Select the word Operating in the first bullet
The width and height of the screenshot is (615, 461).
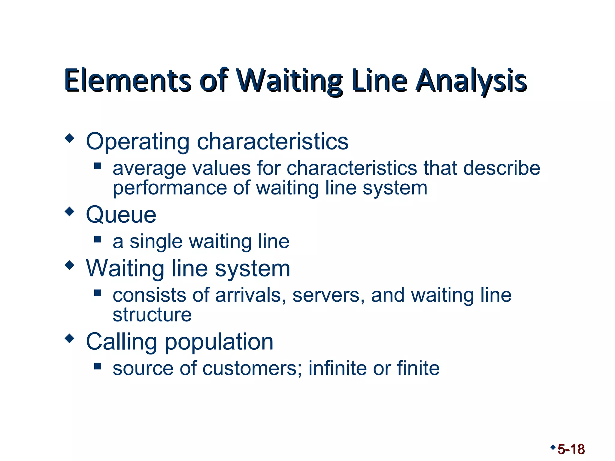point(138,142)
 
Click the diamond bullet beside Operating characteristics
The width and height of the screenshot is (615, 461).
point(69,139)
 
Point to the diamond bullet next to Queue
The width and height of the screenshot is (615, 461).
point(69,212)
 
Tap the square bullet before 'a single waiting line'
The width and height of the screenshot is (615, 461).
point(97,239)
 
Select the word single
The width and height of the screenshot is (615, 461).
point(156,242)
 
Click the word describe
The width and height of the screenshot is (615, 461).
point(501,168)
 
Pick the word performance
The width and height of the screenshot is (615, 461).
point(170,188)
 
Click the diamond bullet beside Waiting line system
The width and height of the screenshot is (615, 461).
point(69,265)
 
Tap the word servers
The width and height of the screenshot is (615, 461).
point(329,295)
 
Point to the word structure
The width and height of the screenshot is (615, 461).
point(152,315)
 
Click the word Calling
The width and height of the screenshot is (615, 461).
point(121,342)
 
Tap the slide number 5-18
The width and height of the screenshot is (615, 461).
point(571,450)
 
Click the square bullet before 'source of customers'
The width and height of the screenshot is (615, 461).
point(97,366)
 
